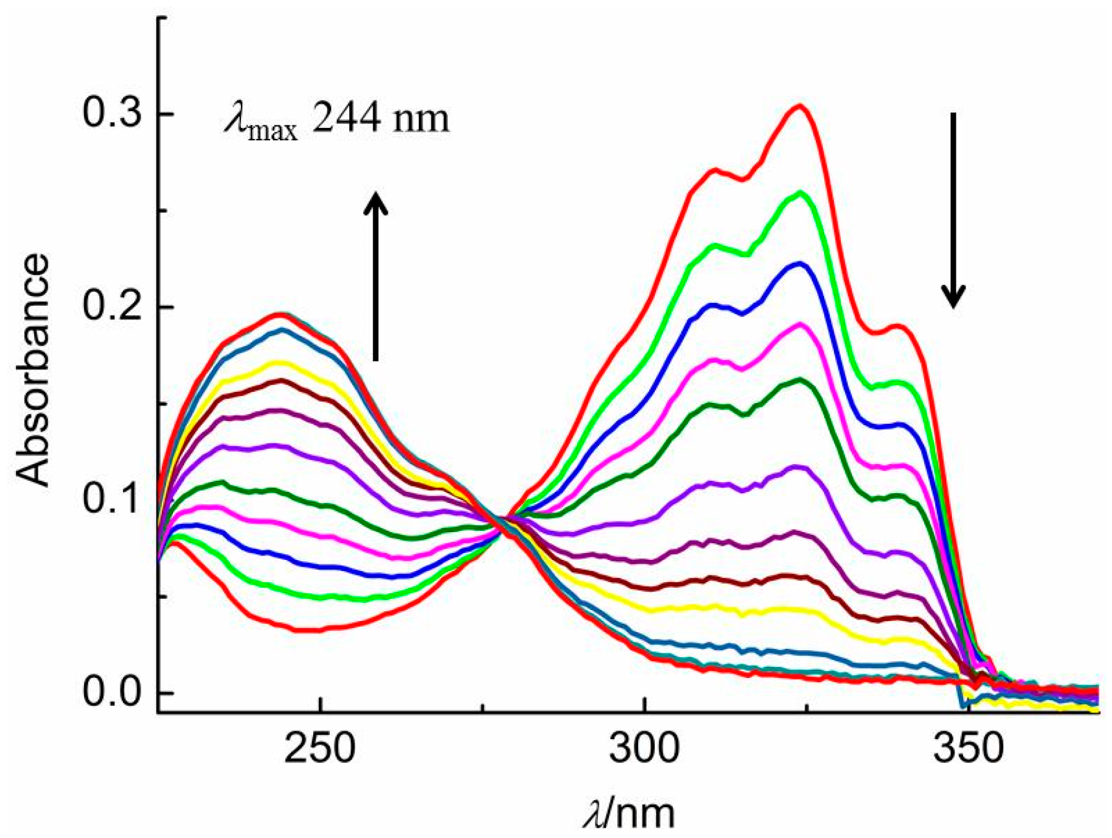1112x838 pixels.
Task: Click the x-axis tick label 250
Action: click(320, 748)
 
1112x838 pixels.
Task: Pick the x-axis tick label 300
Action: click(644, 748)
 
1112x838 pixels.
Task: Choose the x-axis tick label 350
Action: click(969, 748)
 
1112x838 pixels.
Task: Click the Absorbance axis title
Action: click(32, 370)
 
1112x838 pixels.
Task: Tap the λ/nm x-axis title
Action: click(629, 813)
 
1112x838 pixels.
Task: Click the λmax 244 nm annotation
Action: click(337, 119)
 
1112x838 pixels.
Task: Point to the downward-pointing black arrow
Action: click(953, 210)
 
